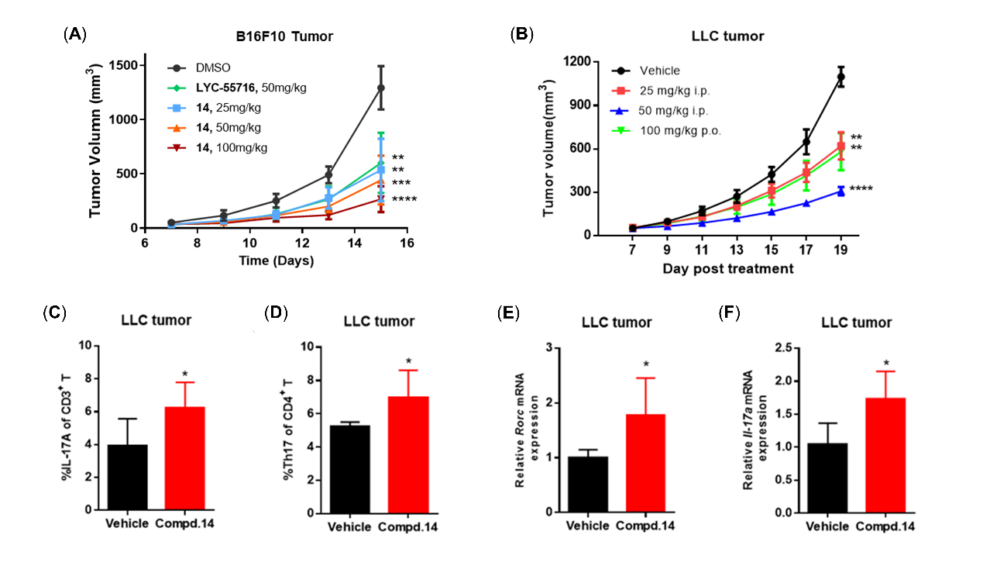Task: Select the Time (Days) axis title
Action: click(276, 260)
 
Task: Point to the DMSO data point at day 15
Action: click(380, 88)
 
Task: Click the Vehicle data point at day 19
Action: click(840, 76)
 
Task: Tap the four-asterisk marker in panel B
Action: click(863, 188)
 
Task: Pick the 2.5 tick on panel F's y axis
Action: click(791, 349)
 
